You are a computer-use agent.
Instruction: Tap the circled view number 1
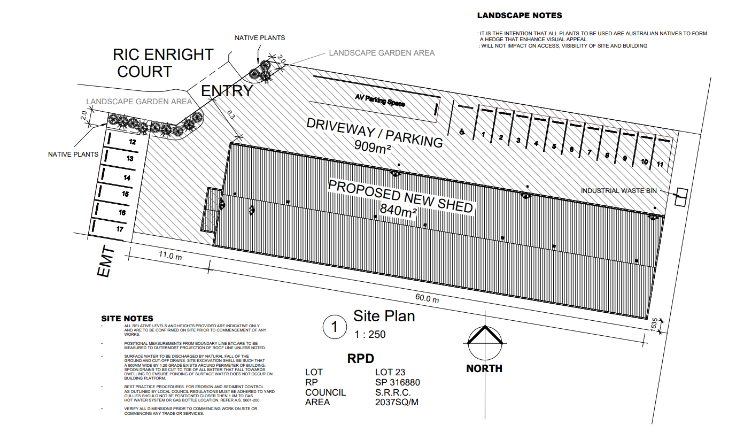335,327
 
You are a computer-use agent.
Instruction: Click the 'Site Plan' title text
384,316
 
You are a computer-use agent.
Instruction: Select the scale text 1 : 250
369,335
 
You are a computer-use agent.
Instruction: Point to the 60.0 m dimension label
427,299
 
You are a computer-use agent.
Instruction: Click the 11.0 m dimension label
170,256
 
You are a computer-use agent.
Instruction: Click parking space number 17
120,229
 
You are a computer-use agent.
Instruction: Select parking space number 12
131,142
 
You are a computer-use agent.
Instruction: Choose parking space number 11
660,165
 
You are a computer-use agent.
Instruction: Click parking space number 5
554,146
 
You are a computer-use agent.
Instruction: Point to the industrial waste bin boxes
681,197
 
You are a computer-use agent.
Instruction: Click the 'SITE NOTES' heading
127,319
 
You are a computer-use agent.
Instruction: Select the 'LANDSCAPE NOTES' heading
519,16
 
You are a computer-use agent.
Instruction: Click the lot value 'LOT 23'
391,372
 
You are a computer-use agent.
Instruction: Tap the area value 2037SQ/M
397,402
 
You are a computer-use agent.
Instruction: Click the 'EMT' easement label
106,261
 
